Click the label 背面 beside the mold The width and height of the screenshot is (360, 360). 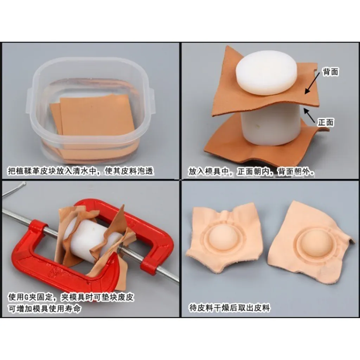tap(330, 72)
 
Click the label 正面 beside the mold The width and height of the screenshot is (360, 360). tap(326, 122)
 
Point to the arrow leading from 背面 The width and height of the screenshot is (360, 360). tap(312, 83)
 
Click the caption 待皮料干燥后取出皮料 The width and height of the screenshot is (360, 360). tap(229, 308)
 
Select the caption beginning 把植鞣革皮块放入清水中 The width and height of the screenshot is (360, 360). tap(81, 171)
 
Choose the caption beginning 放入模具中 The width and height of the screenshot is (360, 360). tap(251, 172)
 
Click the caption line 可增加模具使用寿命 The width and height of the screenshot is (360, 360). tap(45, 308)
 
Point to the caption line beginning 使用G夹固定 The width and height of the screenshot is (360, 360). tap(71, 297)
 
